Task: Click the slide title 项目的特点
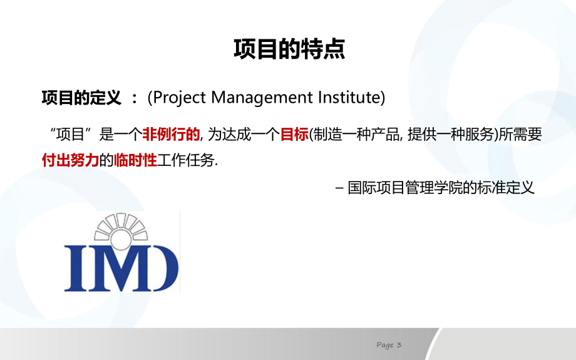(x=289, y=49)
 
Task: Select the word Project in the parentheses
(x=180, y=98)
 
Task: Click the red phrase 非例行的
(x=171, y=134)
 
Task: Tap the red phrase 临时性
(x=135, y=160)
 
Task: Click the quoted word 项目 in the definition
(x=73, y=134)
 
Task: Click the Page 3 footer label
(x=389, y=345)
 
